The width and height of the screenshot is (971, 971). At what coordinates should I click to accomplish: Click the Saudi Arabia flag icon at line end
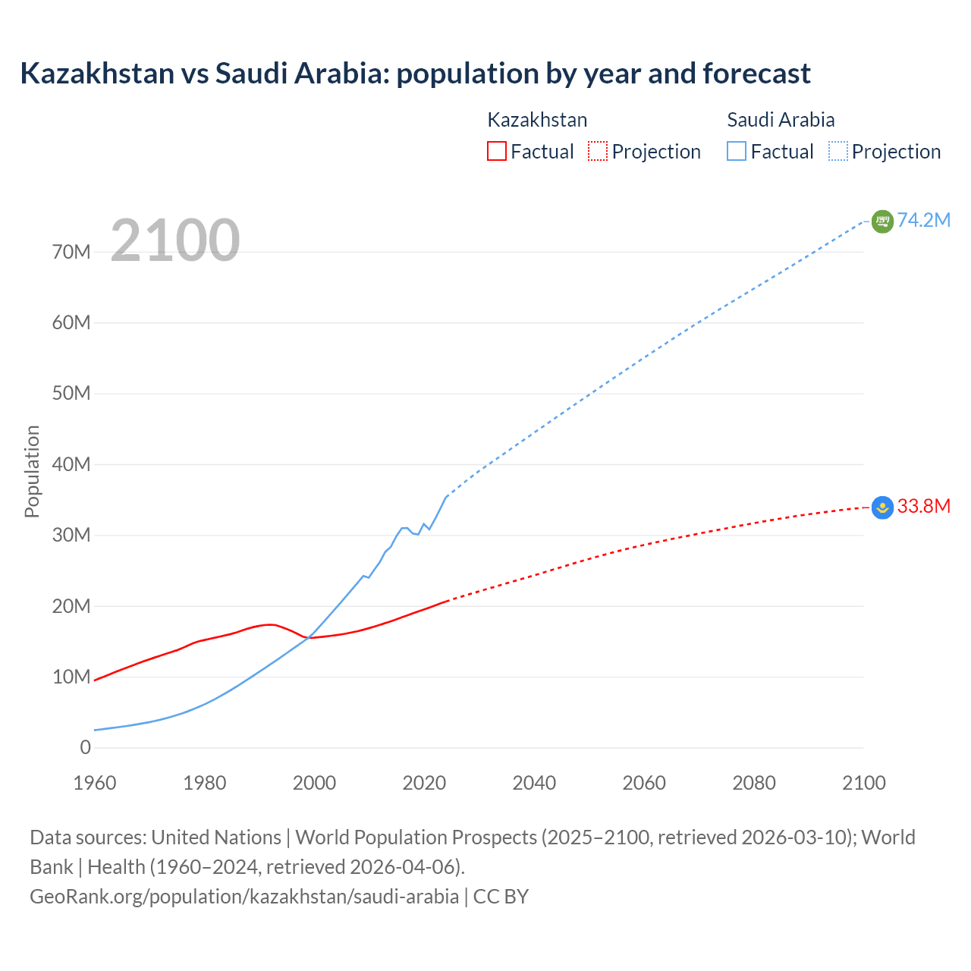882,221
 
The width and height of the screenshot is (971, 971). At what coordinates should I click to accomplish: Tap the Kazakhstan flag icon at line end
882,507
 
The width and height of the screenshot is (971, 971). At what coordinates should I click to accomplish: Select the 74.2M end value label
923,220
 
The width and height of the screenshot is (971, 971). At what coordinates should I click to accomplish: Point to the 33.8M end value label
923,506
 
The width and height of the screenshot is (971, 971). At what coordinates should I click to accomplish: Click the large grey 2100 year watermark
175,240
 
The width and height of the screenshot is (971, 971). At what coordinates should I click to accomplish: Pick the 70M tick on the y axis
71,252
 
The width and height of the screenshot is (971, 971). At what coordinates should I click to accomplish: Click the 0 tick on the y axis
85,747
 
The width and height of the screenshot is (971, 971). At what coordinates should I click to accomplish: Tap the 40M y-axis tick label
71,464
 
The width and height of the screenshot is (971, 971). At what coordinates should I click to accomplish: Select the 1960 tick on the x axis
95,783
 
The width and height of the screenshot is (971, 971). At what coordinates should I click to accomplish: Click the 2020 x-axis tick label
424,783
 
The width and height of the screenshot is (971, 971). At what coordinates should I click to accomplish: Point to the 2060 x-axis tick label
644,783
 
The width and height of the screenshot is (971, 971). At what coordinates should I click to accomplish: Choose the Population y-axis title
32,471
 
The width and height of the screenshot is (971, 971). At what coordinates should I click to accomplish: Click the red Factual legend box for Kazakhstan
497,151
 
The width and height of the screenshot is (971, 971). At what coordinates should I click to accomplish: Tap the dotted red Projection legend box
598,151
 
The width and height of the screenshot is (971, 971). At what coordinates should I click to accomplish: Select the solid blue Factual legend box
737,151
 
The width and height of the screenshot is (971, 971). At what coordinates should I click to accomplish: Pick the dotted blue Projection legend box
838,151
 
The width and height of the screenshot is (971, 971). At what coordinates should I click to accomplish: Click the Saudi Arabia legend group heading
781,120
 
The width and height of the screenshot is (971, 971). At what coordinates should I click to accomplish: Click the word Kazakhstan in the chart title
97,74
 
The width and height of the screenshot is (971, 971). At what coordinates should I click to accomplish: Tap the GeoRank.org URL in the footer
244,896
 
